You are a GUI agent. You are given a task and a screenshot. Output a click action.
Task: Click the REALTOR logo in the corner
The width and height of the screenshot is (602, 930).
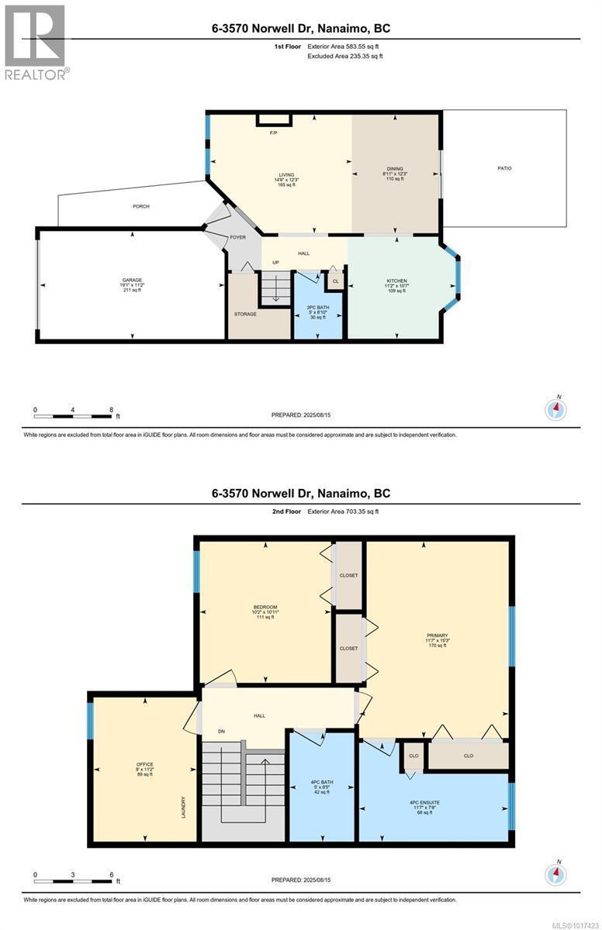coord(36,42)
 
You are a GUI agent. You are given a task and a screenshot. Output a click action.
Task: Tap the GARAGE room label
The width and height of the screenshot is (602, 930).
coord(131,281)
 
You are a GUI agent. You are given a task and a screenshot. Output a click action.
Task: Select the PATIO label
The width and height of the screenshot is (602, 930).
coord(504,168)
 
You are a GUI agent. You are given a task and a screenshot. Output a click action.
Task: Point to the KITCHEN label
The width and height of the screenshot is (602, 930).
coord(396,281)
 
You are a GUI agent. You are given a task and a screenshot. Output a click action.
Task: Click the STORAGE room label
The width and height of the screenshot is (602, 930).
coord(245,314)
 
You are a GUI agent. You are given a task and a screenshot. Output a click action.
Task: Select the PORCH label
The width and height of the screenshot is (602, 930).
coord(140,206)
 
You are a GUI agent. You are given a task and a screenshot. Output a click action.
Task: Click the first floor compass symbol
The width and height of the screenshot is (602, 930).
coord(556,408)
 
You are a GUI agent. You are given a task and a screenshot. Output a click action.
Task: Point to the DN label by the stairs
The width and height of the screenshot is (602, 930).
coord(221,732)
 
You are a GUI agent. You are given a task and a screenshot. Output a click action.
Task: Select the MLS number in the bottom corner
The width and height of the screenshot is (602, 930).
coord(577,924)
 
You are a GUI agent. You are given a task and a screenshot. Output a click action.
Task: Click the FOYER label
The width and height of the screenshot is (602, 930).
coord(238,237)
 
